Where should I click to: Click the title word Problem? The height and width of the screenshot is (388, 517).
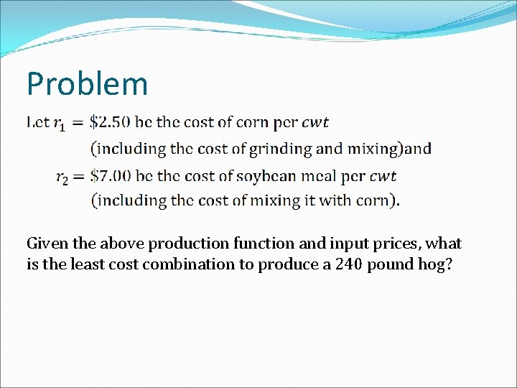(87, 84)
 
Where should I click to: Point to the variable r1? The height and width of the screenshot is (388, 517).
(60, 124)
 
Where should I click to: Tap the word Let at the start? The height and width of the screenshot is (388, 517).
(38, 122)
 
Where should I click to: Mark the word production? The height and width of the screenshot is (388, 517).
(192, 244)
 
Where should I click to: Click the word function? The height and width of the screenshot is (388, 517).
(261, 244)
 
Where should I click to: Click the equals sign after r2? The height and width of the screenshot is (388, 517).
(78, 176)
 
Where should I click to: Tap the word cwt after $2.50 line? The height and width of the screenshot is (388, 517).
(315, 122)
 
